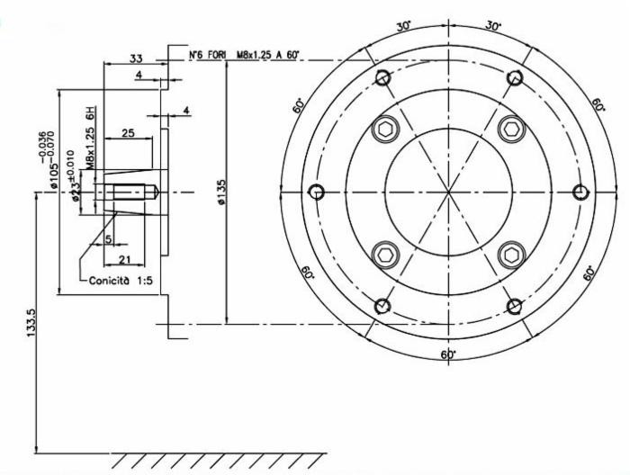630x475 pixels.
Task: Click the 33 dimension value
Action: [136, 58]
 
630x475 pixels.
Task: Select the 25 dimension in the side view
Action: [129, 133]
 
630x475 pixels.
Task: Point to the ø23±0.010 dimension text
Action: [76, 185]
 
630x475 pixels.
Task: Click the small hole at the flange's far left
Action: [316, 192]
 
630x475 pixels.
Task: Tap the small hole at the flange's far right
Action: [580, 192]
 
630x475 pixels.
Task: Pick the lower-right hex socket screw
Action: [510, 255]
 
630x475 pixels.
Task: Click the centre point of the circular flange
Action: [448, 192]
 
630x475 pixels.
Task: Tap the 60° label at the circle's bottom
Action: [448, 354]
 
